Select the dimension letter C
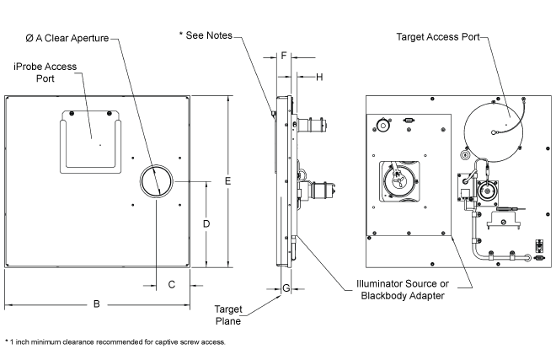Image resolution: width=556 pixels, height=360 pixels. (x=171, y=285)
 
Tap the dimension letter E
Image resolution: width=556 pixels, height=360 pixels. (x=228, y=180)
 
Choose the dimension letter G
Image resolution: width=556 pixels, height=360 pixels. (x=286, y=288)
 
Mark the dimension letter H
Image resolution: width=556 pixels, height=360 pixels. (x=319, y=77)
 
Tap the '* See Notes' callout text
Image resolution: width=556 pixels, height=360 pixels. (x=205, y=35)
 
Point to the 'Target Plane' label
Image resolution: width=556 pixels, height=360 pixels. (x=228, y=314)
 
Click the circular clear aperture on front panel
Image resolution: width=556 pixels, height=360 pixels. (x=156, y=180)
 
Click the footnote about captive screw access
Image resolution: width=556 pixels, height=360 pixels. (x=115, y=341)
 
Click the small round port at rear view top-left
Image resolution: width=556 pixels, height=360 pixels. (x=383, y=126)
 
